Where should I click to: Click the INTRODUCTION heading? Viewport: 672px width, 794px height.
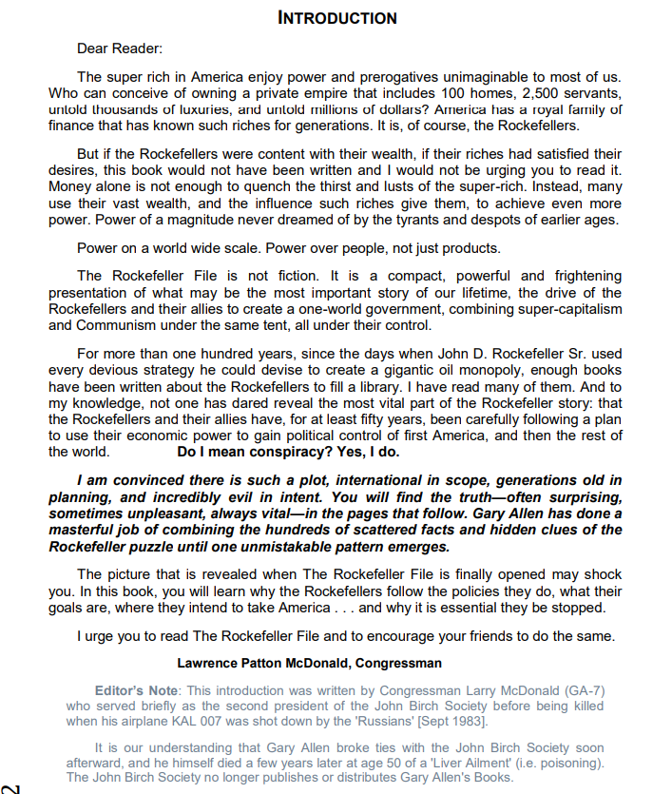pos(336,18)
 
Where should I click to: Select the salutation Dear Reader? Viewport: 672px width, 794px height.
pos(120,48)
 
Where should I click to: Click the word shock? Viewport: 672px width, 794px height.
pos(602,575)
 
